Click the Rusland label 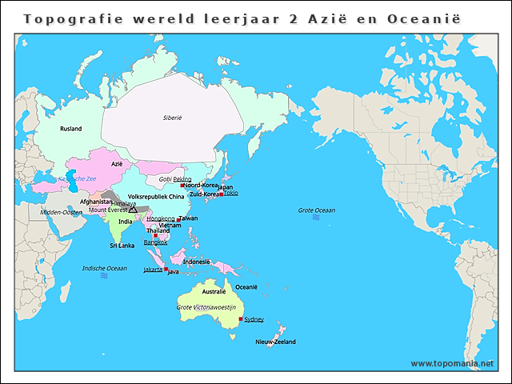tap(71, 128)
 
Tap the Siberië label tap(173, 118)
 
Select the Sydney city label tap(254, 319)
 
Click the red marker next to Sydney tap(241, 319)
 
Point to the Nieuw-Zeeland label tap(275, 342)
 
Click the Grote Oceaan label tap(317, 210)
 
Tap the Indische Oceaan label tap(104, 268)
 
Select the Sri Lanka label tap(122, 245)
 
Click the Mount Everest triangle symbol tap(133, 210)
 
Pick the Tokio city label tap(230, 193)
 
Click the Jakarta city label tap(153, 270)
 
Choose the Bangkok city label tap(155, 242)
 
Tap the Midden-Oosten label tap(62, 212)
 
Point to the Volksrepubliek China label tap(156, 196)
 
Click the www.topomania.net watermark tap(452, 363)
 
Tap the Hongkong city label tap(161, 218)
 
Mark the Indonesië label tap(197, 262)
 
